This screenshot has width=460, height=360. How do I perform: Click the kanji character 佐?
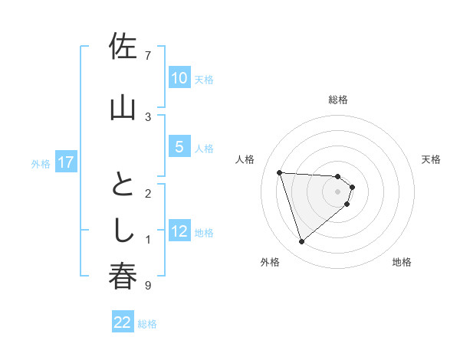pos(123,48)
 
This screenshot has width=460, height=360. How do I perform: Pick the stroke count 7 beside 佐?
pos(148,55)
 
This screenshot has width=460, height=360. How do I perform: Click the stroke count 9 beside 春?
pos(148,286)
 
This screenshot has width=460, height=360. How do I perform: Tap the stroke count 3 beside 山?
pos(148,116)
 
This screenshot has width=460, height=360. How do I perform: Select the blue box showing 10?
pos(179,77)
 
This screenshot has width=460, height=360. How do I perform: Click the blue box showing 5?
pos(179,147)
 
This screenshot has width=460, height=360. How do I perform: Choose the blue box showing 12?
pos(179,231)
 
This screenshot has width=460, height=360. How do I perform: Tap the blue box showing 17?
pos(66,162)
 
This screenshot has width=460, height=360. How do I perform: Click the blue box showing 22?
pos(123,322)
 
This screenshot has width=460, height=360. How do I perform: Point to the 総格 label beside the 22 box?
pos(147,324)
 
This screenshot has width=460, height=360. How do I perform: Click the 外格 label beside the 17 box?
pos(41,163)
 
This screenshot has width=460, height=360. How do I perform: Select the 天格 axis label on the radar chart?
pos(431,159)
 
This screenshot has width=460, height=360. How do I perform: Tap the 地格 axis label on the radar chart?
pos(401,262)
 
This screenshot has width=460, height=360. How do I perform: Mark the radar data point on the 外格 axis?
pos(301,242)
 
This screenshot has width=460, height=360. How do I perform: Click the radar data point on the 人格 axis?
pos(280,172)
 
